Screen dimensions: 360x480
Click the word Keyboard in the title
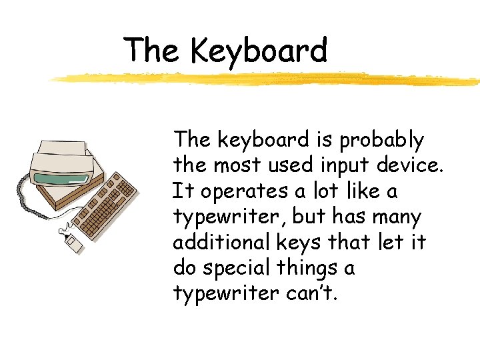(259, 51)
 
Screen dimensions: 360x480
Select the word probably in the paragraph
(381, 141)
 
